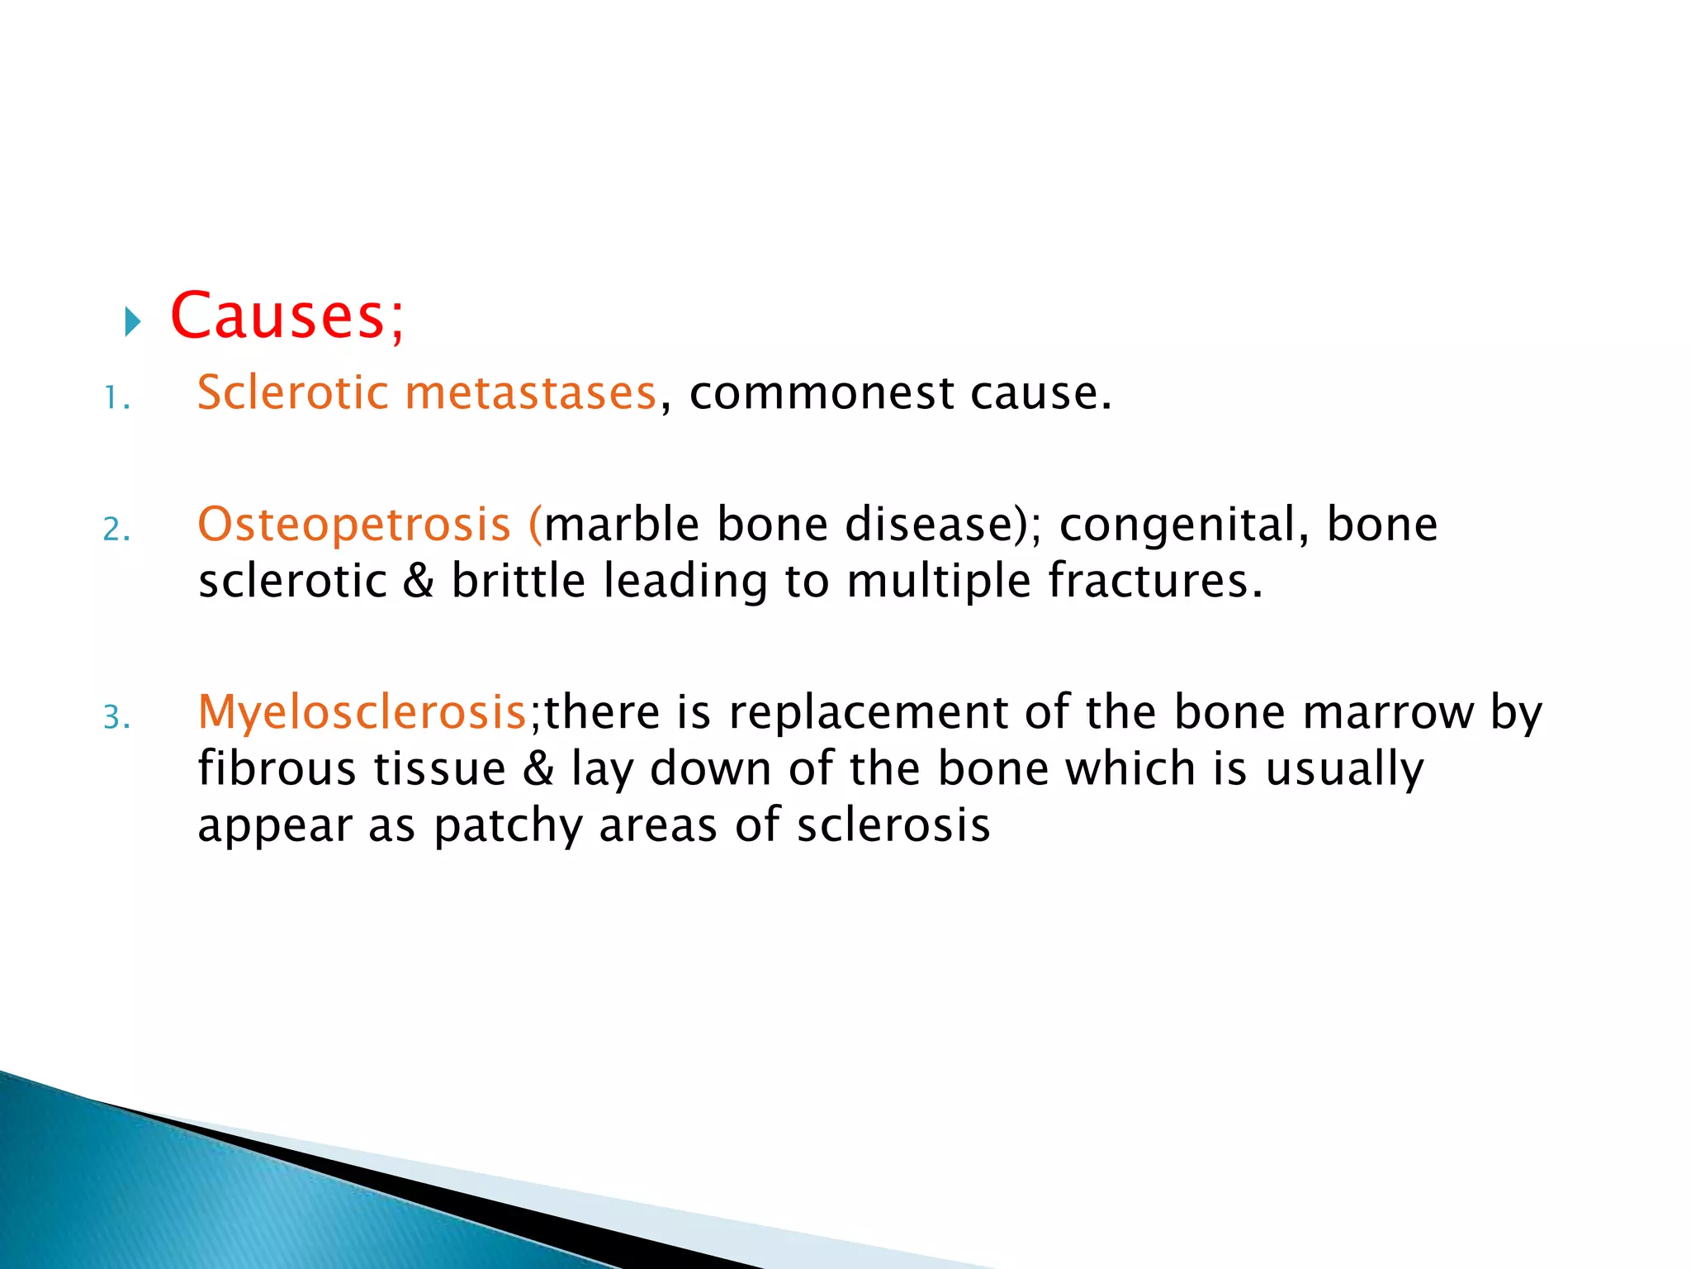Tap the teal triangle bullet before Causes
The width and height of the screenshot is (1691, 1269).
(x=133, y=321)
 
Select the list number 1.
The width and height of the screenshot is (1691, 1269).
(x=116, y=400)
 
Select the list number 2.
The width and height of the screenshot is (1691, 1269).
(x=116, y=530)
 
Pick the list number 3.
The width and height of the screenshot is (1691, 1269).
(x=116, y=717)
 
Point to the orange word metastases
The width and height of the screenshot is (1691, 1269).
(x=530, y=393)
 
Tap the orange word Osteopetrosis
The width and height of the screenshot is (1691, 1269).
(x=354, y=525)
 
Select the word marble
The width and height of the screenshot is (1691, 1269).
(x=622, y=524)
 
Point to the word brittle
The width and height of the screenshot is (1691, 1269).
(x=519, y=580)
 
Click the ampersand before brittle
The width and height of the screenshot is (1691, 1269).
(x=419, y=580)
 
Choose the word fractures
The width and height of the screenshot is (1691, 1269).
(x=1154, y=580)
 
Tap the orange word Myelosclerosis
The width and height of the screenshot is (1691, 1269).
(x=362, y=713)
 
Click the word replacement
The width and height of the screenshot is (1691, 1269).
(x=868, y=713)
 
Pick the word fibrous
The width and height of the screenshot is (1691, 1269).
(x=277, y=768)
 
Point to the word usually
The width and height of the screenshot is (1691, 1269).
(x=1344, y=770)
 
